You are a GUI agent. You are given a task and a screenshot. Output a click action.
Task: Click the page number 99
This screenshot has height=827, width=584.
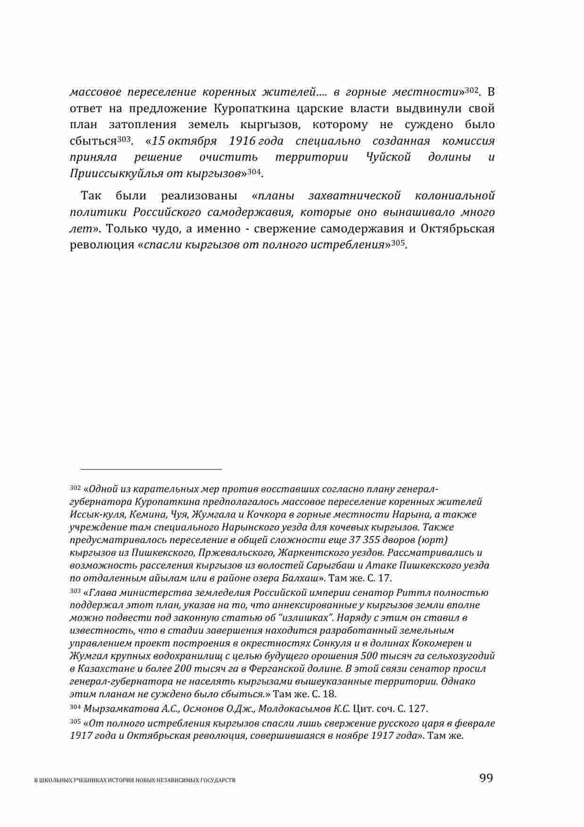click(x=485, y=777)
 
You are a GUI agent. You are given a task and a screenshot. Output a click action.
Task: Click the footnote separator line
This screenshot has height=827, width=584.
click(x=151, y=469)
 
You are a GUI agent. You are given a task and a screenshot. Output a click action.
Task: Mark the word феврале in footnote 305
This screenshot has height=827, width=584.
click(x=477, y=723)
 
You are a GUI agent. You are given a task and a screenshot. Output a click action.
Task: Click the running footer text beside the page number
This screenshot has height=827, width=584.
click(x=135, y=780)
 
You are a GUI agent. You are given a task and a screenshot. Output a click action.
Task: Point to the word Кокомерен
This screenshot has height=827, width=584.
click(x=442, y=643)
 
